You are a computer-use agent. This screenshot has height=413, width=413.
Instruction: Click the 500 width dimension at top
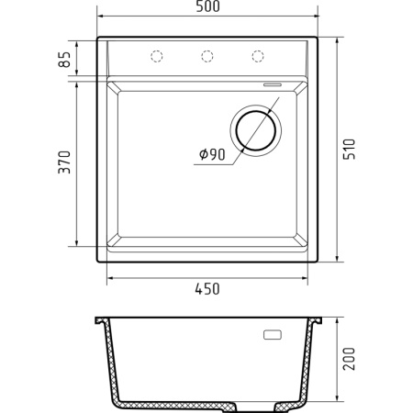pyautogui.click(x=207, y=9)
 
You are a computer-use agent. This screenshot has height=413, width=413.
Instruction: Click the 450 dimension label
pyautogui.click(x=207, y=289)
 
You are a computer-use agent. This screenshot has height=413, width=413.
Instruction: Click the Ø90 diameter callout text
pyautogui.click(x=211, y=155)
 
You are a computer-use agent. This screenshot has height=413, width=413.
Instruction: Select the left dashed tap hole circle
pyautogui.click(x=157, y=57)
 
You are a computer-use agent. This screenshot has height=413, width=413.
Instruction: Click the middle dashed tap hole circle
pyautogui.click(x=207, y=57)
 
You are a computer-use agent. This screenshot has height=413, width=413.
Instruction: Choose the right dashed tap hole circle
pyautogui.click(x=258, y=57)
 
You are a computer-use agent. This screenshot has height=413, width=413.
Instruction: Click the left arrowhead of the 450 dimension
pyautogui.click(x=111, y=275)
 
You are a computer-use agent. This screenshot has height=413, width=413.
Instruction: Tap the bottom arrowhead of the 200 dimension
pyautogui.click(x=337, y=401)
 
